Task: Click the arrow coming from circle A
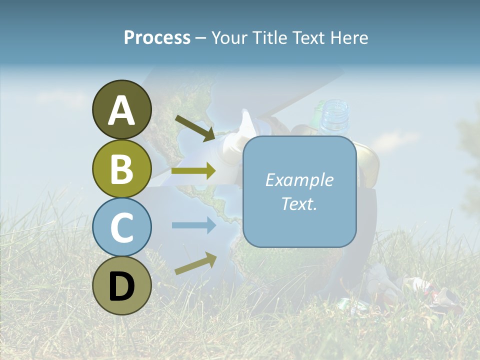195,128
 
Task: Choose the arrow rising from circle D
195,264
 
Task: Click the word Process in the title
157,37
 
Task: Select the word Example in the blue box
299,180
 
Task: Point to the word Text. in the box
299,203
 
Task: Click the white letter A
121,111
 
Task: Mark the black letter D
121,286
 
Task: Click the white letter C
121,228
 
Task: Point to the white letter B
121,169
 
